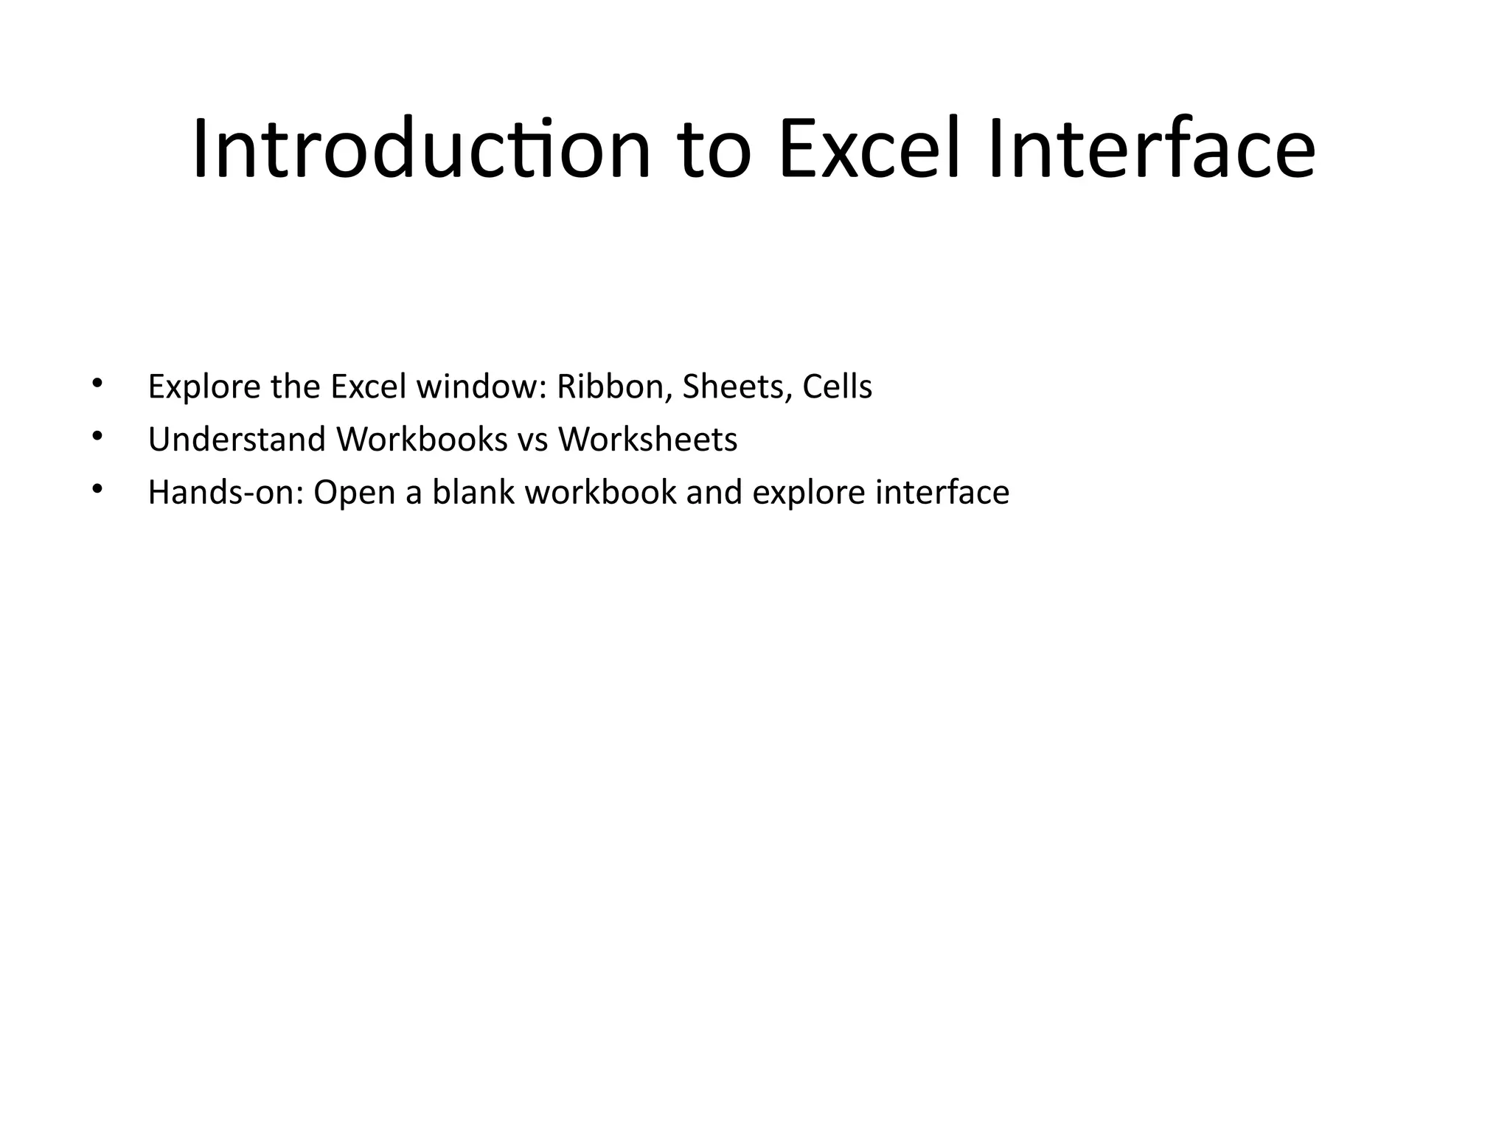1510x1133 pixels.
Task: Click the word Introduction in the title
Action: pos(421,150)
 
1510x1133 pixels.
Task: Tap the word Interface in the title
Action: pos(1151,150)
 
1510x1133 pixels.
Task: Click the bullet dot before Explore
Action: pos(97,383)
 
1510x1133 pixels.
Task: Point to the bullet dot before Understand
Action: pos(97,436)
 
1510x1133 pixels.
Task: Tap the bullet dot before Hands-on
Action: pos(97,489)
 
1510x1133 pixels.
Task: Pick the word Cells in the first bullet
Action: pos(837,387)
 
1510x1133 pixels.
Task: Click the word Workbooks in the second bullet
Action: pos(422,440)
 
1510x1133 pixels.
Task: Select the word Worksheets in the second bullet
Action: pos(647,440)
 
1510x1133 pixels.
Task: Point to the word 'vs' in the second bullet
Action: pos(532,441)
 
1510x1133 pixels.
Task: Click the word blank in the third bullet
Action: pos(473,493)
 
